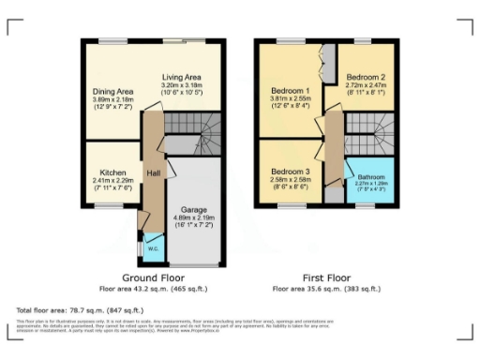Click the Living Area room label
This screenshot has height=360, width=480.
tap(184, 77)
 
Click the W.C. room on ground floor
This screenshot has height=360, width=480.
tap(153, 248)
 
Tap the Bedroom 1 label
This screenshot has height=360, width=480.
tap(286, 91)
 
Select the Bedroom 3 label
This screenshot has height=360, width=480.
tap(286, 172)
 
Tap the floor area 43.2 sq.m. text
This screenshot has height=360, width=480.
tap(152, 289)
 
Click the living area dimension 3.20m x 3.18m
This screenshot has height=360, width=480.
tap(184, 84)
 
